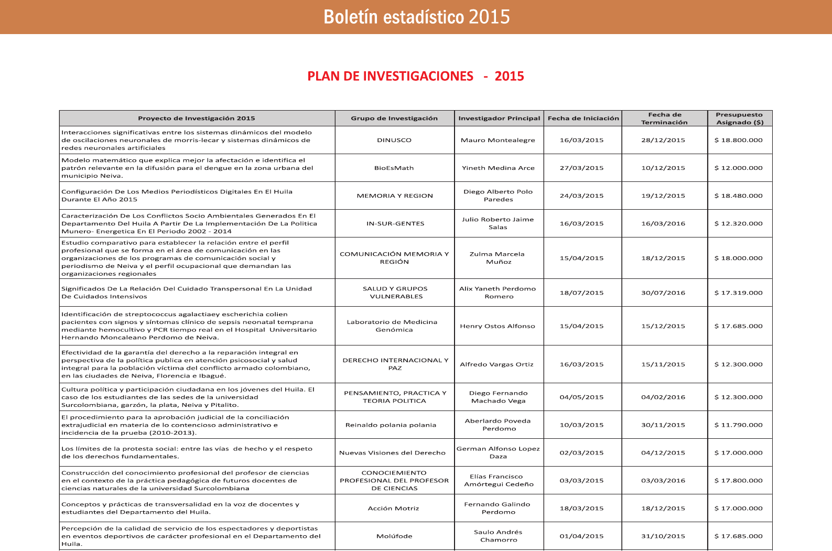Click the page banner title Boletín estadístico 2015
416,17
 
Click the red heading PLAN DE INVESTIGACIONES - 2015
415,77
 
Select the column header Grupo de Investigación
394,118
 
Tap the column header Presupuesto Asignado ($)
739,118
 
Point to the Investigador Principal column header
499,118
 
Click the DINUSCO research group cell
394,141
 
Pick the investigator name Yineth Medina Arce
498,168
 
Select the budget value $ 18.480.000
738,196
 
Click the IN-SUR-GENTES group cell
395,224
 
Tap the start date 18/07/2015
581,293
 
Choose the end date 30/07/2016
663,293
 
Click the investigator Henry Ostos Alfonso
498,326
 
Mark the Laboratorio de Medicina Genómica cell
392,326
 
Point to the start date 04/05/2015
581,397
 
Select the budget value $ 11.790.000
738,425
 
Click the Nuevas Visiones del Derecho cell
392,453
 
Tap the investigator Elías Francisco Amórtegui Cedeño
499,481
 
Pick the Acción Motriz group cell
393,509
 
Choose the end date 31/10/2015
663,536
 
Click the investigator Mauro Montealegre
498,141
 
